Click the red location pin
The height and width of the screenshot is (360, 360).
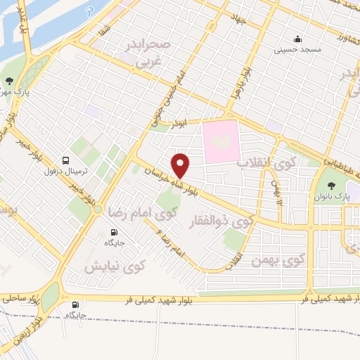[181, 165]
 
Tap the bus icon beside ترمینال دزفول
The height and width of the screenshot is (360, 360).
[65, 160]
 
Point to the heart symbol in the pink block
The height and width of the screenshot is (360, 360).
[220, 141]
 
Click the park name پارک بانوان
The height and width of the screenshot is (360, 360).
[337, 194]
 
